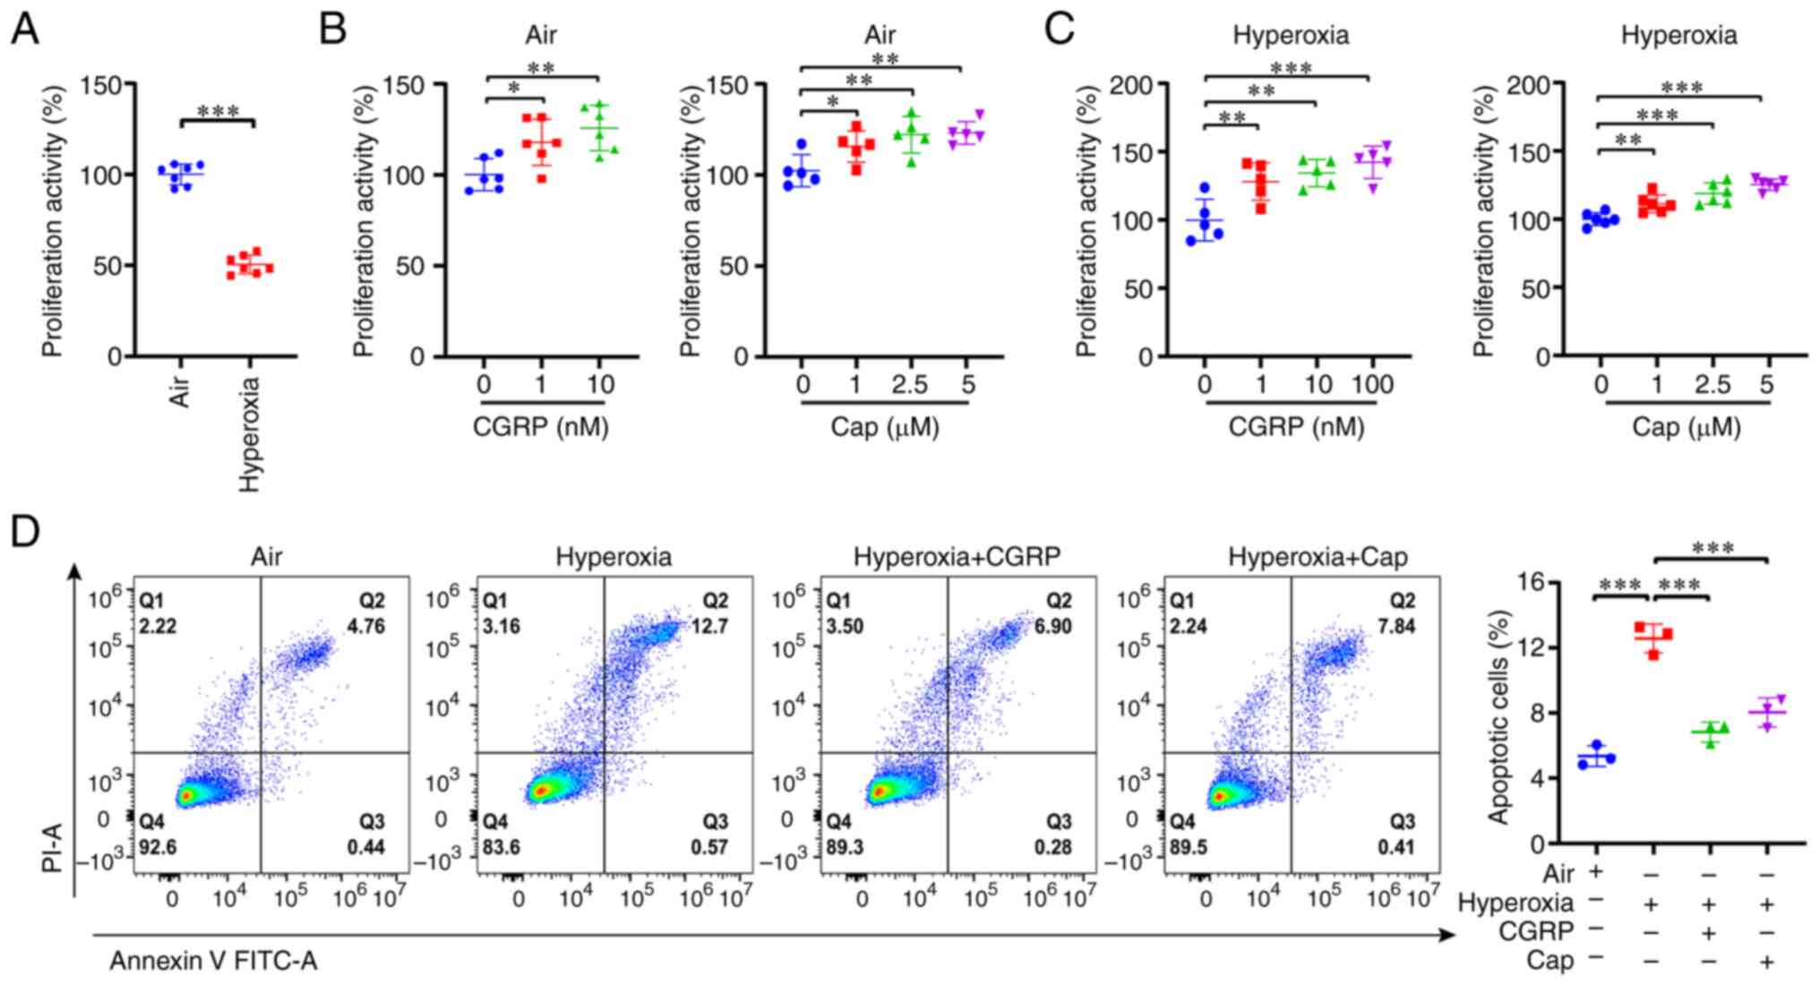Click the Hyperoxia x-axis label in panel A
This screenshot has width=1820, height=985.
(250, 434)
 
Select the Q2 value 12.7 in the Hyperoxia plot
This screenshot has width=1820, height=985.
(709, 626)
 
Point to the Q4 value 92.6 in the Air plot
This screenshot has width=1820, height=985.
(158, 847)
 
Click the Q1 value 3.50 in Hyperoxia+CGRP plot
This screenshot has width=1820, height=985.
(845, 626)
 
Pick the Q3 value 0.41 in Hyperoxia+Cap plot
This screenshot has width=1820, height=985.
(1396, 847)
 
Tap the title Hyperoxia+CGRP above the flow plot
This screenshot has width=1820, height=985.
(957, 557)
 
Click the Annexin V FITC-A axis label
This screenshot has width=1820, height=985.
(213, 962)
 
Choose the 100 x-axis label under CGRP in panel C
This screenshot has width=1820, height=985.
(1371, 385)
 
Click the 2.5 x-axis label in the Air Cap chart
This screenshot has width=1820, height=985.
(909, 385)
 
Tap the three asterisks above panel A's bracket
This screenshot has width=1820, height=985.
(218, 112)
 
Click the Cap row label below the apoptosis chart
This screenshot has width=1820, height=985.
(1550, 961)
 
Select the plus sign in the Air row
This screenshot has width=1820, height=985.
(1595, 871)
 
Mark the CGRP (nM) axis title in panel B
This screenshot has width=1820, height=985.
(540, 427)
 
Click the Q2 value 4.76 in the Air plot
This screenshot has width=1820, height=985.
(365, 626)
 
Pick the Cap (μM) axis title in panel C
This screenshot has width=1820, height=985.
(1687, 427)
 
